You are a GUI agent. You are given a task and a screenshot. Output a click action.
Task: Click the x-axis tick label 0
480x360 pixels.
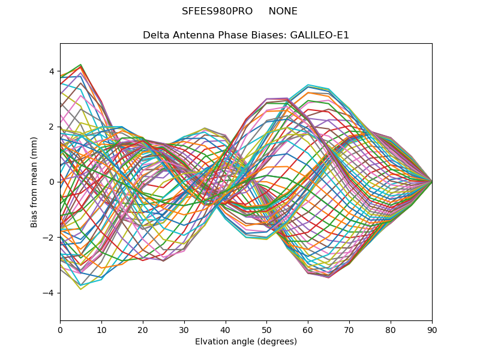(60, 329)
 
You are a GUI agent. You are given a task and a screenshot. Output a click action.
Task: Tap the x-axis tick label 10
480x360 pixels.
(101, 329)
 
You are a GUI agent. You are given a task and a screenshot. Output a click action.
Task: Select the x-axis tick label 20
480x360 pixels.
(143, 329)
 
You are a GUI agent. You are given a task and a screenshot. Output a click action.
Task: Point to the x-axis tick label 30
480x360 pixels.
(184, 329)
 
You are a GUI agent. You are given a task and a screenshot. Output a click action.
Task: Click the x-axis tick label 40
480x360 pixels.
(226, 329)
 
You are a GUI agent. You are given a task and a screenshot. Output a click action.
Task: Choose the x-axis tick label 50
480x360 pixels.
(266, 329)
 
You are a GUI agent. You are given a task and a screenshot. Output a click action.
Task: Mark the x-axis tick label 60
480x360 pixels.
(308, 329)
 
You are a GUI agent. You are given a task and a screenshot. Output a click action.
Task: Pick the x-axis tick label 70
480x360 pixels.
(349, 329)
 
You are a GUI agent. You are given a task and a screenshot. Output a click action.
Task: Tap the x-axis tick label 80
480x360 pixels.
(391, 329)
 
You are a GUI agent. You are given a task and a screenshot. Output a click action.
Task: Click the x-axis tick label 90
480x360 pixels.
(432, 329)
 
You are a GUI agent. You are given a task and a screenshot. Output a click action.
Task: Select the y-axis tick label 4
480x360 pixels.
(52, 71)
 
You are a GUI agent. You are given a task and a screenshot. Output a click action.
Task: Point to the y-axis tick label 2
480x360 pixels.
(52, 127)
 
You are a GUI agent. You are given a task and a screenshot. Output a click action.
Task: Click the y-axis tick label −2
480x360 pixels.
(49, 237)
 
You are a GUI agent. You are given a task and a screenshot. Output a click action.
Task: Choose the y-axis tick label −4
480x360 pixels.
(49, 293)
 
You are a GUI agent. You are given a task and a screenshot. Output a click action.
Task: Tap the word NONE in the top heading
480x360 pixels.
(283, 11)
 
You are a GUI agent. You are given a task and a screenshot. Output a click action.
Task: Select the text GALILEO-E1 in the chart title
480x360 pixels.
(320, 35)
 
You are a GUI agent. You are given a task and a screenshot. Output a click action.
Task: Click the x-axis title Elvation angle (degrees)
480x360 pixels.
(246, 341)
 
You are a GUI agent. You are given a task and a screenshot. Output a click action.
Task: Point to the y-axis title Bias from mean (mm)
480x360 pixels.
(34, 182)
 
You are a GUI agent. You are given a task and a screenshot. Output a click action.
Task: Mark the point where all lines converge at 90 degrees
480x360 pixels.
(432, 182)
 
